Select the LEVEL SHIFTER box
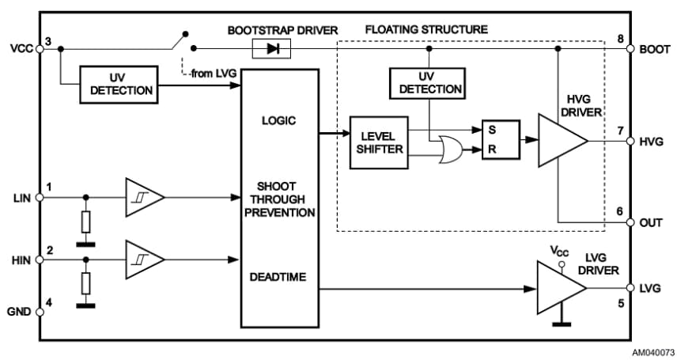379,143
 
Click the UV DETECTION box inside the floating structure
427,83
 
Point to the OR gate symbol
451,148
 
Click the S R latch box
500,140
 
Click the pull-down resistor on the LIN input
86,221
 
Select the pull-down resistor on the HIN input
86,283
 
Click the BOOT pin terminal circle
630,49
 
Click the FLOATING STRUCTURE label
426,29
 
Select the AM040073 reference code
652,351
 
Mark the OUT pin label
651,223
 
